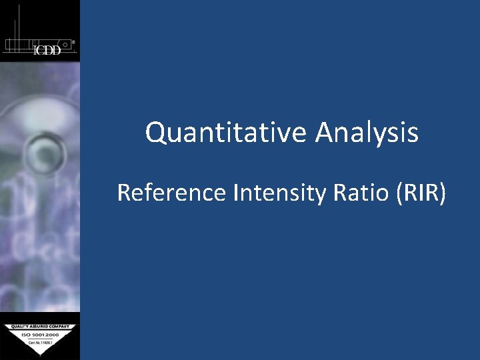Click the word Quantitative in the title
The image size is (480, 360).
click(227, 133)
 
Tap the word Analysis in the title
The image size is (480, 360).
click(367, 133)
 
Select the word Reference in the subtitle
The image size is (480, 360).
click(172, 193)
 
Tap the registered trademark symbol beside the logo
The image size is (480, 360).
click(73, 41)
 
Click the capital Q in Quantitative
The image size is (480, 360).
click(155, 133)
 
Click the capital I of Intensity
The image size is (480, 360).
click(236, 193)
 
